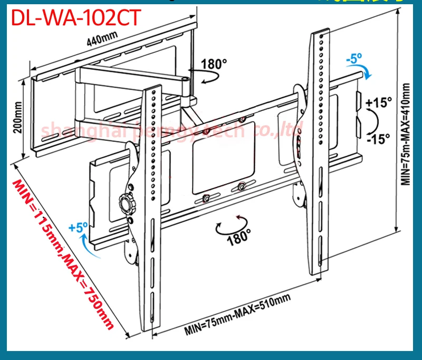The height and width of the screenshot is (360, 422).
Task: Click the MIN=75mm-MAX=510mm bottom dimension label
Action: pyautogui.click(x=237, y=315)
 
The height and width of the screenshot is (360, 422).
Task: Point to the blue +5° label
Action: pyautogui.click(x=78, y=228)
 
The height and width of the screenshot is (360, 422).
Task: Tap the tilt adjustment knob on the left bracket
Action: pyautogui.click(x=126, y=201)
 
